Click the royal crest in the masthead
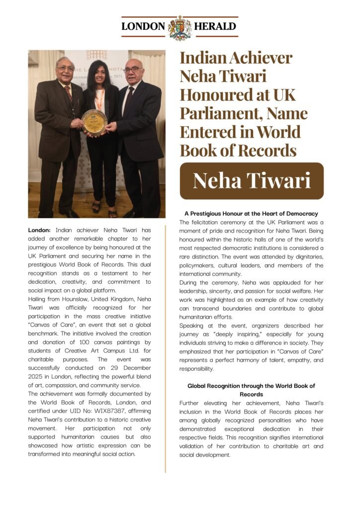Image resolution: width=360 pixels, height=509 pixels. (x=180, y=27)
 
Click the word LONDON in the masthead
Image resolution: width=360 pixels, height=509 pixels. (x=143, y=27)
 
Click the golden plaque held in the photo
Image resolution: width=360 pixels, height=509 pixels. (x=94, y=122)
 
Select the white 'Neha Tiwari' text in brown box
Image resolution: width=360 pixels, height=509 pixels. (x=252, y=181)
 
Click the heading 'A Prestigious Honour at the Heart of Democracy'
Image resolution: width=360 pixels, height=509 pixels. (x=251, y=214)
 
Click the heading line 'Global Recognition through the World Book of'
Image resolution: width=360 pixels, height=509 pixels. (x=251, y=386)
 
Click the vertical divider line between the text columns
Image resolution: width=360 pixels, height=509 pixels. (x=166, y=348)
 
